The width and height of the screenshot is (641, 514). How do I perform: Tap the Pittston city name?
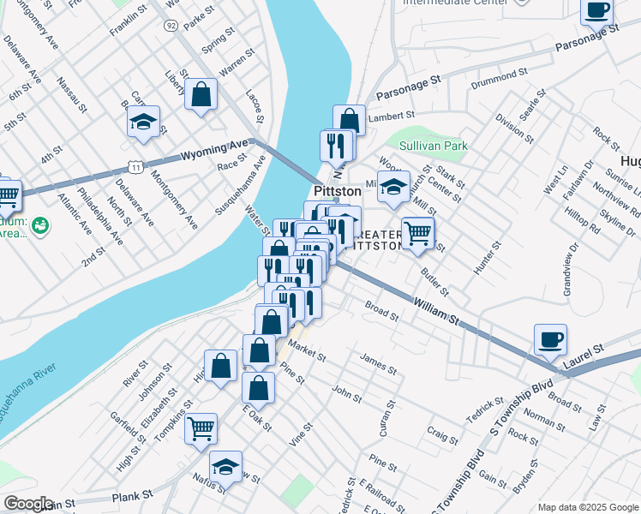(x=338, y=191)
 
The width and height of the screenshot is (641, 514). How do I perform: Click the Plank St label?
(x=132, y=495)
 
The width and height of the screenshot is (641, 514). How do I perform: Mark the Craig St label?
(x=443, y=436)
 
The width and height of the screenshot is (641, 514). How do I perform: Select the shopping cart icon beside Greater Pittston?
(x=417, y=232)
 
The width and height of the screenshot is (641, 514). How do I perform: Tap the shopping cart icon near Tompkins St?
(x=201, y=427)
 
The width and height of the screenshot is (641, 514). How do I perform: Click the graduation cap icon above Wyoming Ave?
(x=144, y=123)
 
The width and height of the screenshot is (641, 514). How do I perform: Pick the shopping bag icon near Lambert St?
(x=350, y=119)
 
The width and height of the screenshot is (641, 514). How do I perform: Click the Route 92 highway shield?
(x=171, y=26)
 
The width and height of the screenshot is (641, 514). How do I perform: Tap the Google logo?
(x=29, y=503)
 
